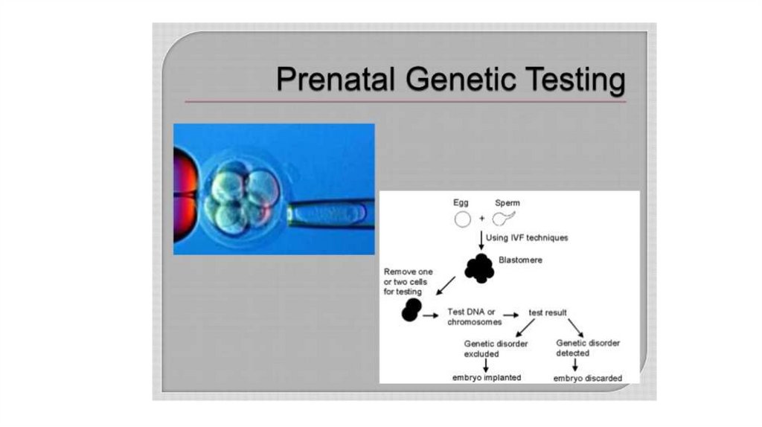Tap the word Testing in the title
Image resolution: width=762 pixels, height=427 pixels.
click(x=574, y=81)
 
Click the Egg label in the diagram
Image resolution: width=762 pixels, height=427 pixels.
click(x=461, y=202)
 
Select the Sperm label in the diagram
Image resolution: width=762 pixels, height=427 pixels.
click(x=508, y=202)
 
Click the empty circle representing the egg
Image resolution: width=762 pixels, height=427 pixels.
click(x=462, y=219)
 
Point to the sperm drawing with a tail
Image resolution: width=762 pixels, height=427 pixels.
click(x=503, y=219)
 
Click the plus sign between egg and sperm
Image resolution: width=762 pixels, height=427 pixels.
click(x=482, y=220)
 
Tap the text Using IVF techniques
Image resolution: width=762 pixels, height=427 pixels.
click(x=527, y=238)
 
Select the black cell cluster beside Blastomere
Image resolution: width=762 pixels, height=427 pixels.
click(x=479, y=268)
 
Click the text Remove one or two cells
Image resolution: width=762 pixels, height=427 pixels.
click(x=408, y=282)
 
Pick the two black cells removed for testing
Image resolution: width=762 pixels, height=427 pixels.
click(x=411, y=310)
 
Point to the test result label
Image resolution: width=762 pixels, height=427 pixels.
click(x=548, y=312)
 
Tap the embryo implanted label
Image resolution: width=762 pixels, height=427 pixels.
click(x=487, y=377)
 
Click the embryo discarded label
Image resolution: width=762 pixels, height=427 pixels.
click(x=587, y=378)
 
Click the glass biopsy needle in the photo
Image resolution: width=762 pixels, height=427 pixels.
click(x=327, y=214)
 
